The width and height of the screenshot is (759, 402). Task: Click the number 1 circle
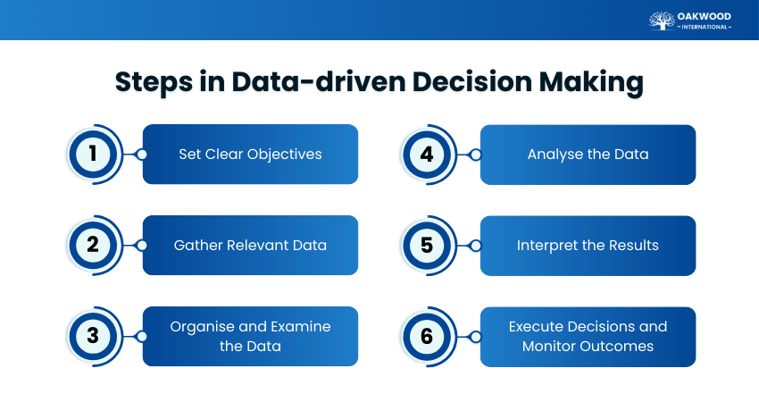(x=93, y=155)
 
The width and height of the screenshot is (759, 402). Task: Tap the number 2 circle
(x=93, y=246)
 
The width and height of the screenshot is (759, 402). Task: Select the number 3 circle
(x=93, y=337)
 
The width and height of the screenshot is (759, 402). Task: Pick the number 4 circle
(x=427, y=155)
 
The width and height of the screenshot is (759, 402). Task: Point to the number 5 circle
(x=427, y=246)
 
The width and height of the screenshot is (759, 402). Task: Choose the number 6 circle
(x=427, y=337)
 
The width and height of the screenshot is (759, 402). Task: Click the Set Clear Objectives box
(x=250, y=155)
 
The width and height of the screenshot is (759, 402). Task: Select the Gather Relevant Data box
(x=250, y=246)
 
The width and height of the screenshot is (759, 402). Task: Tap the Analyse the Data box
(x=588, y=155)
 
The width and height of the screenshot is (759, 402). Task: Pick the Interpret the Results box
(x=588, y=246)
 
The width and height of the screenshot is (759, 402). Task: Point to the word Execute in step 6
(x=538, y=327)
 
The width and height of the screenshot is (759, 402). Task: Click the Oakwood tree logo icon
(x=662, y=21)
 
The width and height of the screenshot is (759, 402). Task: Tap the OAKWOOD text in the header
(x=705, y=15)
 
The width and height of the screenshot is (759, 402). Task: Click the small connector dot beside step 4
(x=475, y=155)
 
